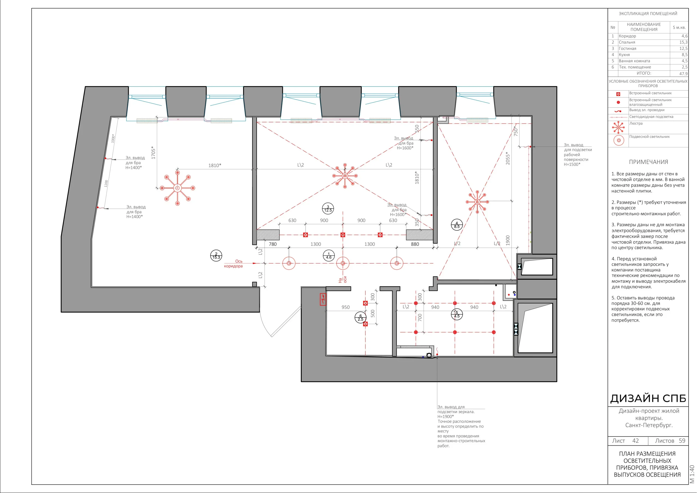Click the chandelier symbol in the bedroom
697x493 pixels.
tap(178, 188)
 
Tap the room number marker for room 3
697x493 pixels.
tap(328, 209)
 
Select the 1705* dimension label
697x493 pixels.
tap(153, 153)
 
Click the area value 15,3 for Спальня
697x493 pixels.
tap(683, 42)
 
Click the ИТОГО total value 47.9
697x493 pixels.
tap(683, 74)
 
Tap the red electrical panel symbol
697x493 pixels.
tap(323, 299)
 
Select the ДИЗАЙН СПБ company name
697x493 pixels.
tap(648, 398)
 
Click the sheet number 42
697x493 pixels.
tap(635, 441)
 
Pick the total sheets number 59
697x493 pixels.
tap(682, 441)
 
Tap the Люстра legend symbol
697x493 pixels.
tap(618, 127)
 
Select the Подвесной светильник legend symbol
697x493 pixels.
tap(619, 140)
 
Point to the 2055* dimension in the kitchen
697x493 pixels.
tap(508, 158)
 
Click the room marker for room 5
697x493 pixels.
tap(457, 314)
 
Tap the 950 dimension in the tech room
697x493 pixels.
tap(346, 307)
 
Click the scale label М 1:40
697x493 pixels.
tap(692, 474)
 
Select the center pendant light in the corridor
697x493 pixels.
tap(343, 263)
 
